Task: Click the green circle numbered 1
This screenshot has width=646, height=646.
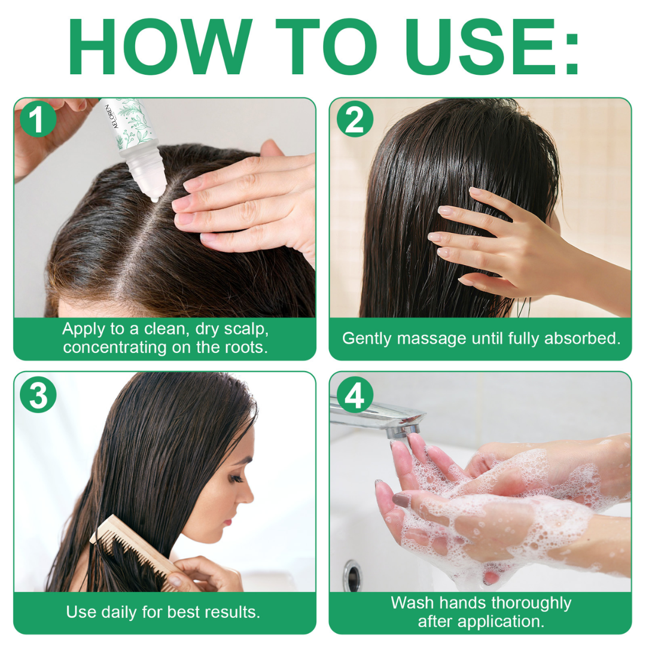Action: [38, 120]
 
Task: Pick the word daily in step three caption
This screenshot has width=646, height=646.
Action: [123, 612]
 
